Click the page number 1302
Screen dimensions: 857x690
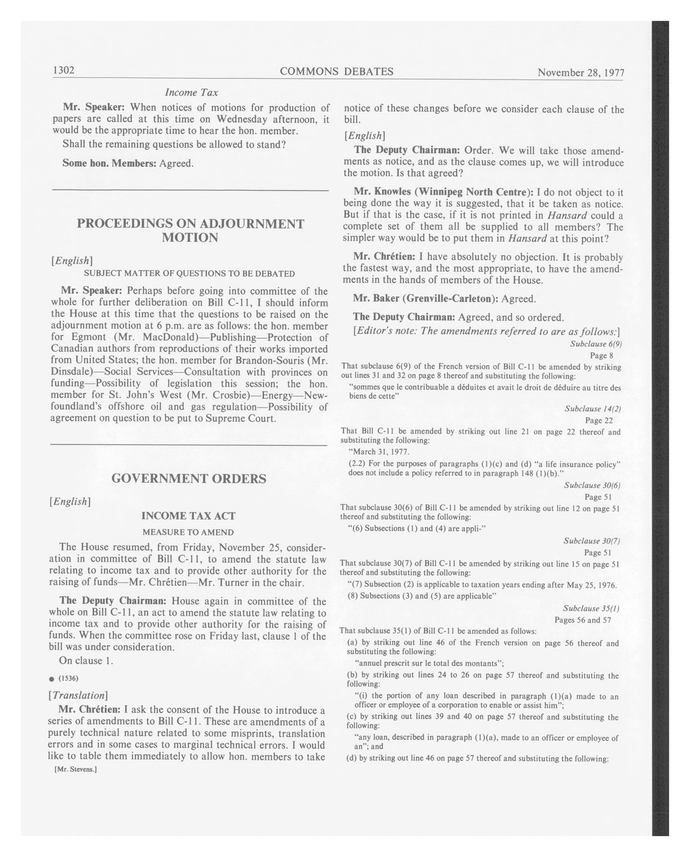click(64, 70)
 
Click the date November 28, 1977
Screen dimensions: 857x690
click(581, 72)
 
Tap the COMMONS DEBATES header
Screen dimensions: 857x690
click(336, 72)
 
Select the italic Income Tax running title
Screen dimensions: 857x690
click(191, 92)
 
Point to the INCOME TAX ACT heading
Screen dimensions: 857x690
click(188, 516)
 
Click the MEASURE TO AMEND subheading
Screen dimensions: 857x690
click(188, 532)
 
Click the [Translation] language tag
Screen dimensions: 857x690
click(78, 695)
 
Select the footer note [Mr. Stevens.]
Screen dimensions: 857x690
click(76, 769)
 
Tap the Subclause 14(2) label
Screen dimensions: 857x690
click(593, 409)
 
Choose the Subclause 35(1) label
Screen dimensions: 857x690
click(591, 608)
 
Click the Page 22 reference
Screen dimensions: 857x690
click(599, 420)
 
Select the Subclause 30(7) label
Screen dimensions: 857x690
click(591, 541)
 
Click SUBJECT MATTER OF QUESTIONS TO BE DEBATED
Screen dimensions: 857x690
click(189, 274)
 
